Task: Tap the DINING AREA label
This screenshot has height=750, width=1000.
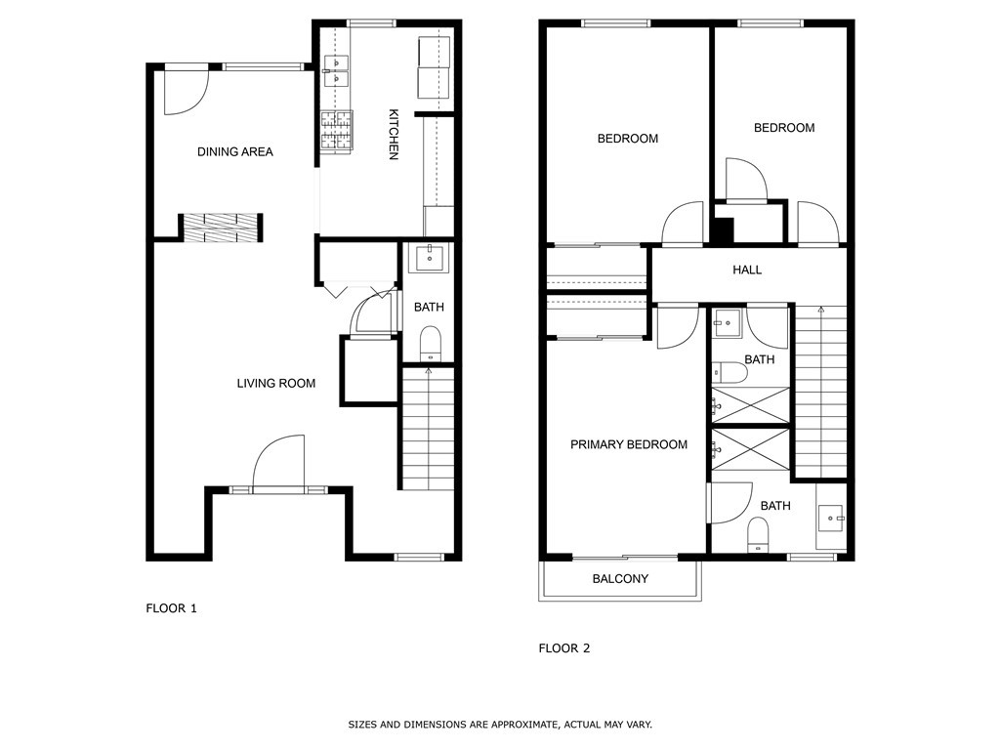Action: [234, 151]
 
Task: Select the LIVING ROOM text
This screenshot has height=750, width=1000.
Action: [276, 383]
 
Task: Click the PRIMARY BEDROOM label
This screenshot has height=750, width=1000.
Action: [629, 444]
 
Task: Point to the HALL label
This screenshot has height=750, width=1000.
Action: [747, 270]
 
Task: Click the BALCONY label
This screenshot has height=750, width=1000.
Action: [620, 578]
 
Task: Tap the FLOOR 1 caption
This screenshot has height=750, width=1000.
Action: [172, 608]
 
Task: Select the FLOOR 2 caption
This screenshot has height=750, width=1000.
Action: [564, 647]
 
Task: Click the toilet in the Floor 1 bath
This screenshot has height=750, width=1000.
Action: [430, 343]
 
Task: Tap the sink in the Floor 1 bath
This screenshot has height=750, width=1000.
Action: [429, 259]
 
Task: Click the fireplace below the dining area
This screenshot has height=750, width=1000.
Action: [221, 228]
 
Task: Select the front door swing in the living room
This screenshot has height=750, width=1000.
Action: [279, 462]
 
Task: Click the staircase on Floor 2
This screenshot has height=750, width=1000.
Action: [820, 391]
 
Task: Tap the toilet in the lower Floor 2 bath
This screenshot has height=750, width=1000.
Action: [758, 534]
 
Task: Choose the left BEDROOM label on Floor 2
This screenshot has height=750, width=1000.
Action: [627, 139]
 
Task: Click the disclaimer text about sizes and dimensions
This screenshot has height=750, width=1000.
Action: [500, 725]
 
